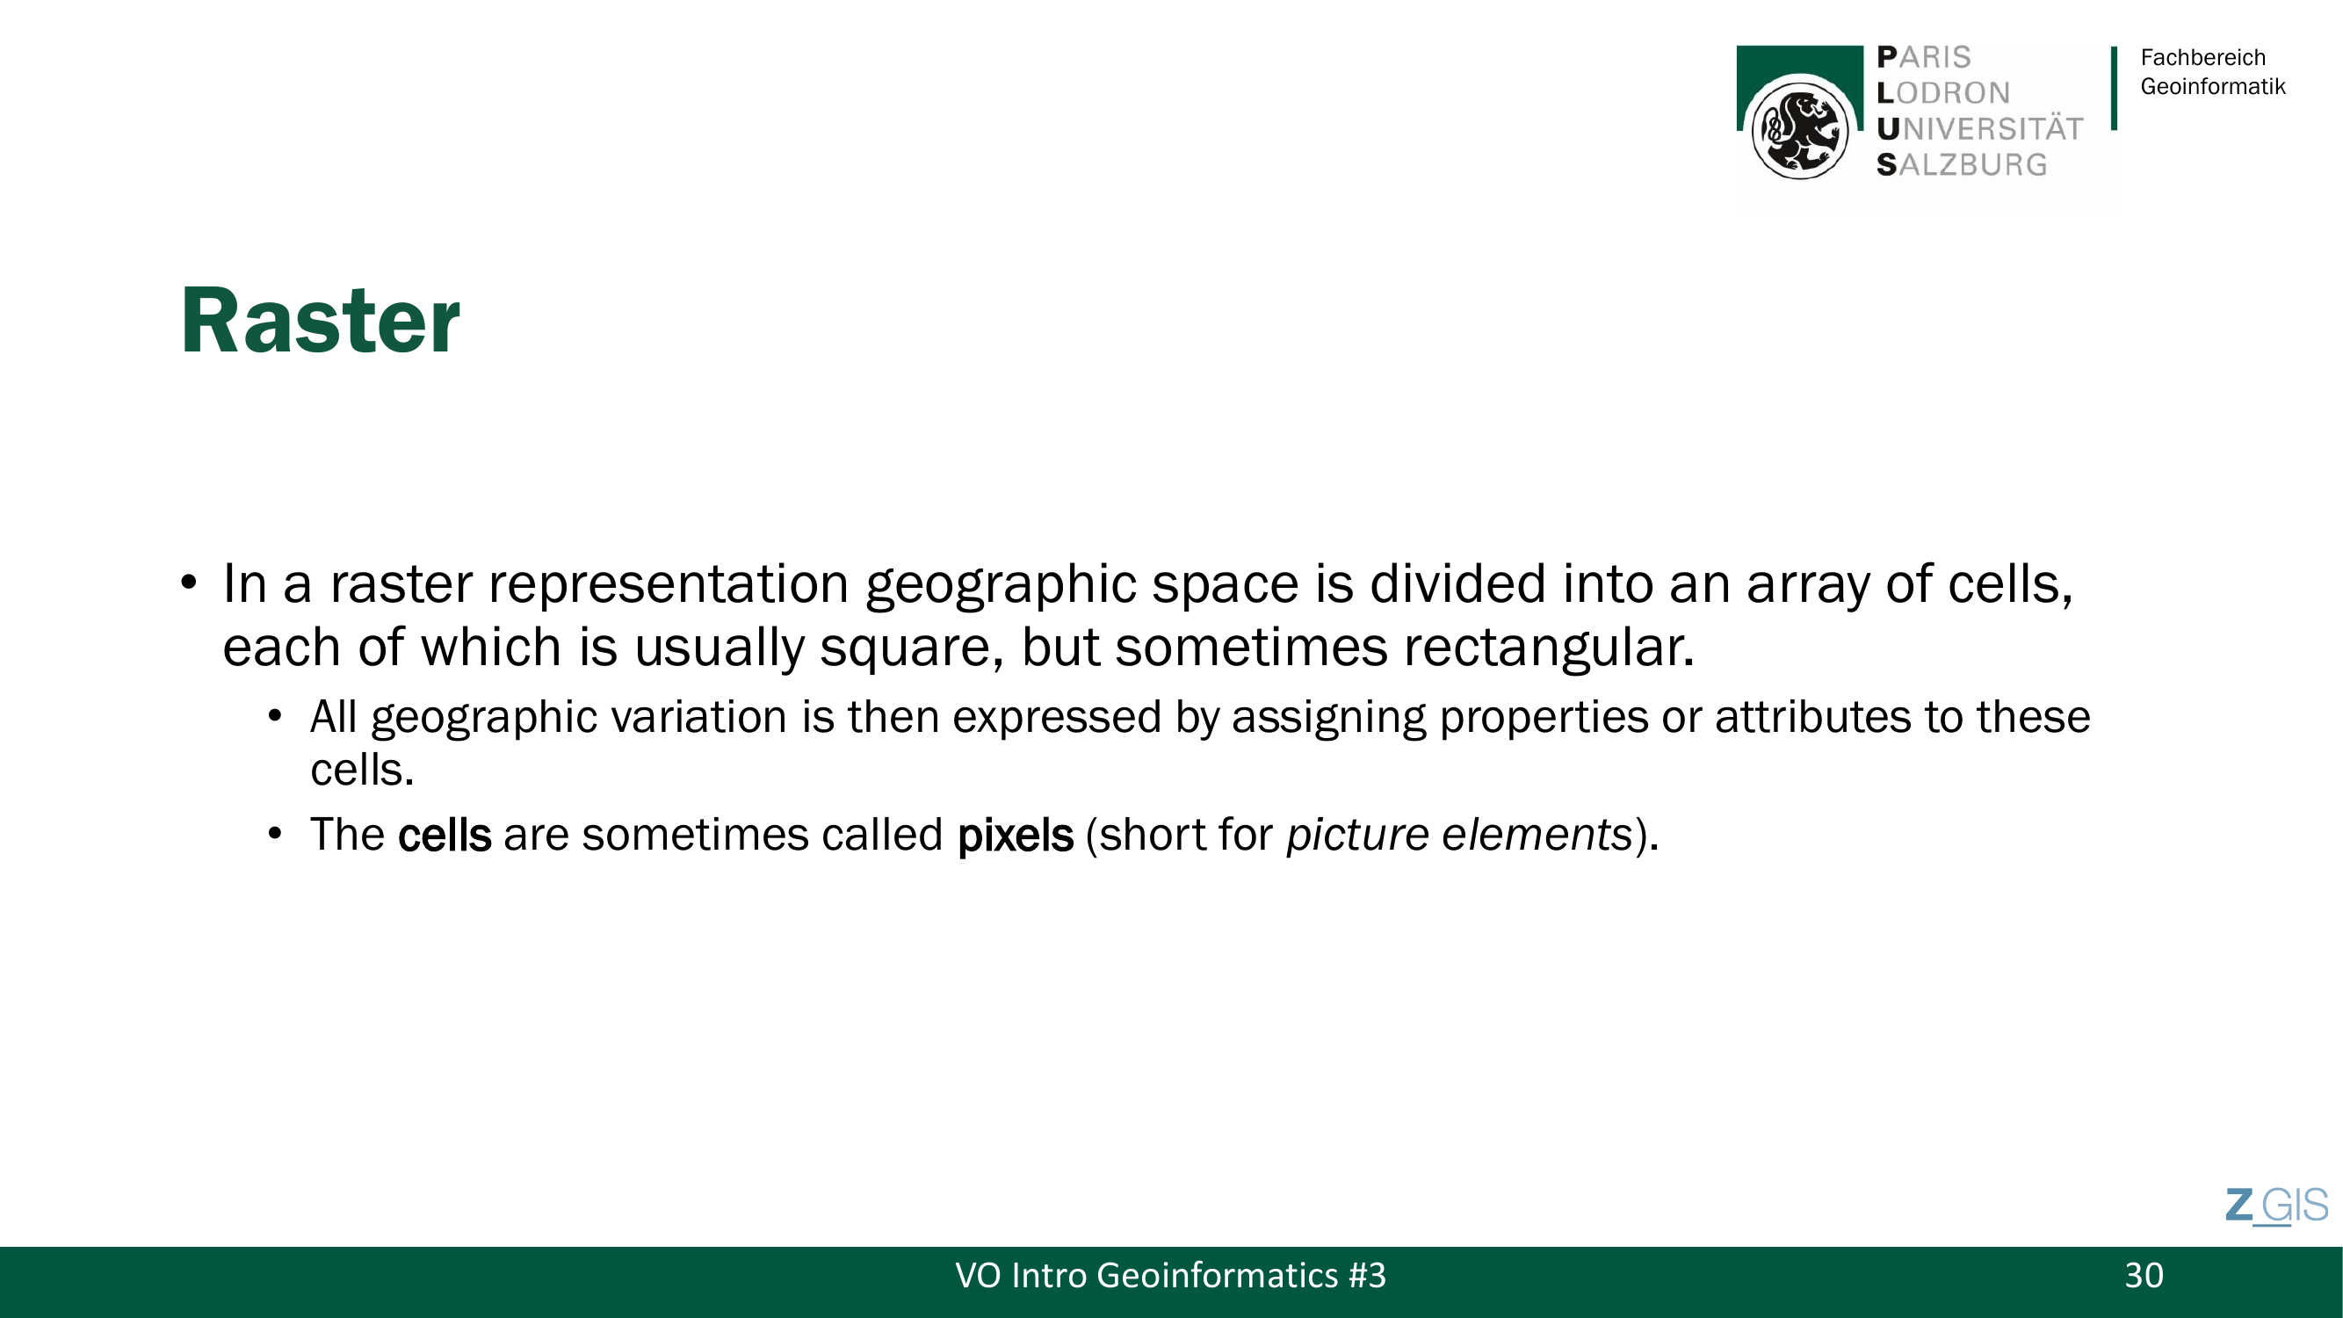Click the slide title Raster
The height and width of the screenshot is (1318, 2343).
click(x=320, y=320)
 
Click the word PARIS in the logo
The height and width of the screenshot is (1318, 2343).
click(x=1924, y=57)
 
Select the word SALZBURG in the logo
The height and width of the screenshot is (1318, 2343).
click(x=1962, y=164)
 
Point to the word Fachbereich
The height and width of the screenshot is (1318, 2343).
click(x=2203, y=57)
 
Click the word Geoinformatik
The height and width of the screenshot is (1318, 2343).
click(x=2213, y=86)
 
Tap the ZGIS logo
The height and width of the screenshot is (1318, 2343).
click(x=2276, y=1206)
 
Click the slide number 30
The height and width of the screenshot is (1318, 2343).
click(x=2144, y=1275)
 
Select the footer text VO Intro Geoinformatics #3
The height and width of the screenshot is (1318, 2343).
click(x=1170, y=1275)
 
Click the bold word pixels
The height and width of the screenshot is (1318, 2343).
click(x=1015, y=835)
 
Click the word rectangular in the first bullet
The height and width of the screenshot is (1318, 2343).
click(x=1549, y=648)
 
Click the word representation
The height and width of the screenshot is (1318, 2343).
click(x=669, y=585)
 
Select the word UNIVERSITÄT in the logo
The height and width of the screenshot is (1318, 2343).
click(x=1979, y=129)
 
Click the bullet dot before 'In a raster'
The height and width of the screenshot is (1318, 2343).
click(x=188, y=583)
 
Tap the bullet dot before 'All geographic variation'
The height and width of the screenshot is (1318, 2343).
click(x=276, y=717)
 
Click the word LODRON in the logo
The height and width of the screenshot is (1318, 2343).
click(x=1942, y=93)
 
